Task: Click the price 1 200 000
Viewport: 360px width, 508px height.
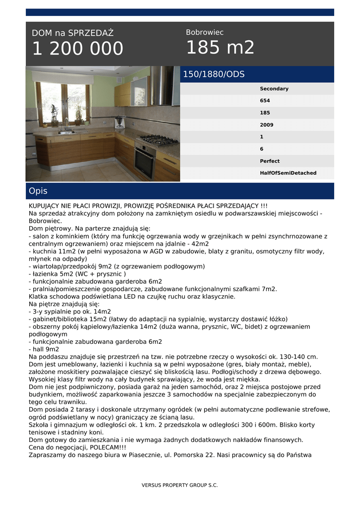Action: tap(77, 49)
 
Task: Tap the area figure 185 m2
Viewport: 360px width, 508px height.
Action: tap(220, 48)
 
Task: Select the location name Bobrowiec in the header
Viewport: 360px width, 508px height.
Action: tap(205, 32)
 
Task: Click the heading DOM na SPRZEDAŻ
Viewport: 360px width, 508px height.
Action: tap(72, 33)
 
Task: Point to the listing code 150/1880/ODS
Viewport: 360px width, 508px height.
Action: tap(214, 74)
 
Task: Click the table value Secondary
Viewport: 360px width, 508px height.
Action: tap(274, 89)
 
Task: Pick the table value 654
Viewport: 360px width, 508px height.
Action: tap(265, 101)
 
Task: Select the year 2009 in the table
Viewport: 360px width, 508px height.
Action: tap(267, 125)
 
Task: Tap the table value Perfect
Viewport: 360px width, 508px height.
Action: tap(270, 161)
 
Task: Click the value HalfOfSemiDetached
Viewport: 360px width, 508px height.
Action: tap(288, 173)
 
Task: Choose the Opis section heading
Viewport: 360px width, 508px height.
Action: tap(38, 191)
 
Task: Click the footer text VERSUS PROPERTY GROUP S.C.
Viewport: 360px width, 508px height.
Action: tap(180, 485)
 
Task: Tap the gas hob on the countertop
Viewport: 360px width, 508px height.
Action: tap(158, 139)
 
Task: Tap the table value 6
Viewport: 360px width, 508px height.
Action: tap(262, 149)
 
